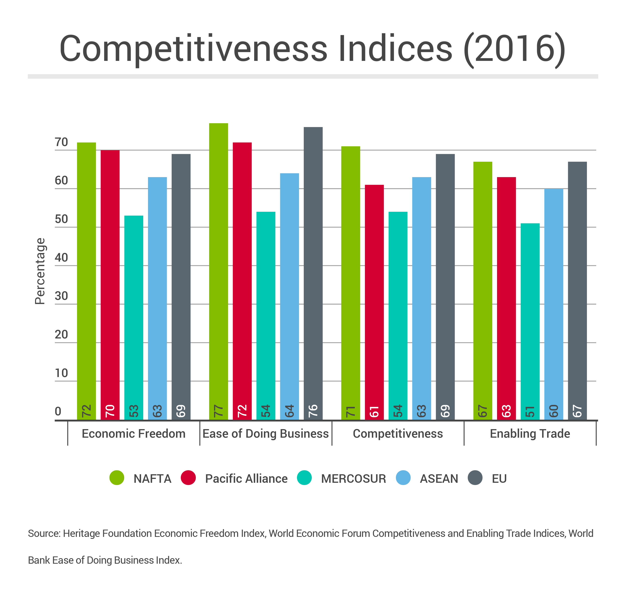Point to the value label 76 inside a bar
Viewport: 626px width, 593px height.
(313, 411)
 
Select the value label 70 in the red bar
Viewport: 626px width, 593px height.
(110, 411)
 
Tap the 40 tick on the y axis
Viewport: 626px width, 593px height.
(61, 258)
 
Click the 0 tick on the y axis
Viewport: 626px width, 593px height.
(58, 411)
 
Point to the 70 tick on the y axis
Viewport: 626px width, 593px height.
(61, 142)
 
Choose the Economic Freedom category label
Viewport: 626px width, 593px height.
(134, 434)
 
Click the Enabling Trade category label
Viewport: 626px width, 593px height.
(530, 434)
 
